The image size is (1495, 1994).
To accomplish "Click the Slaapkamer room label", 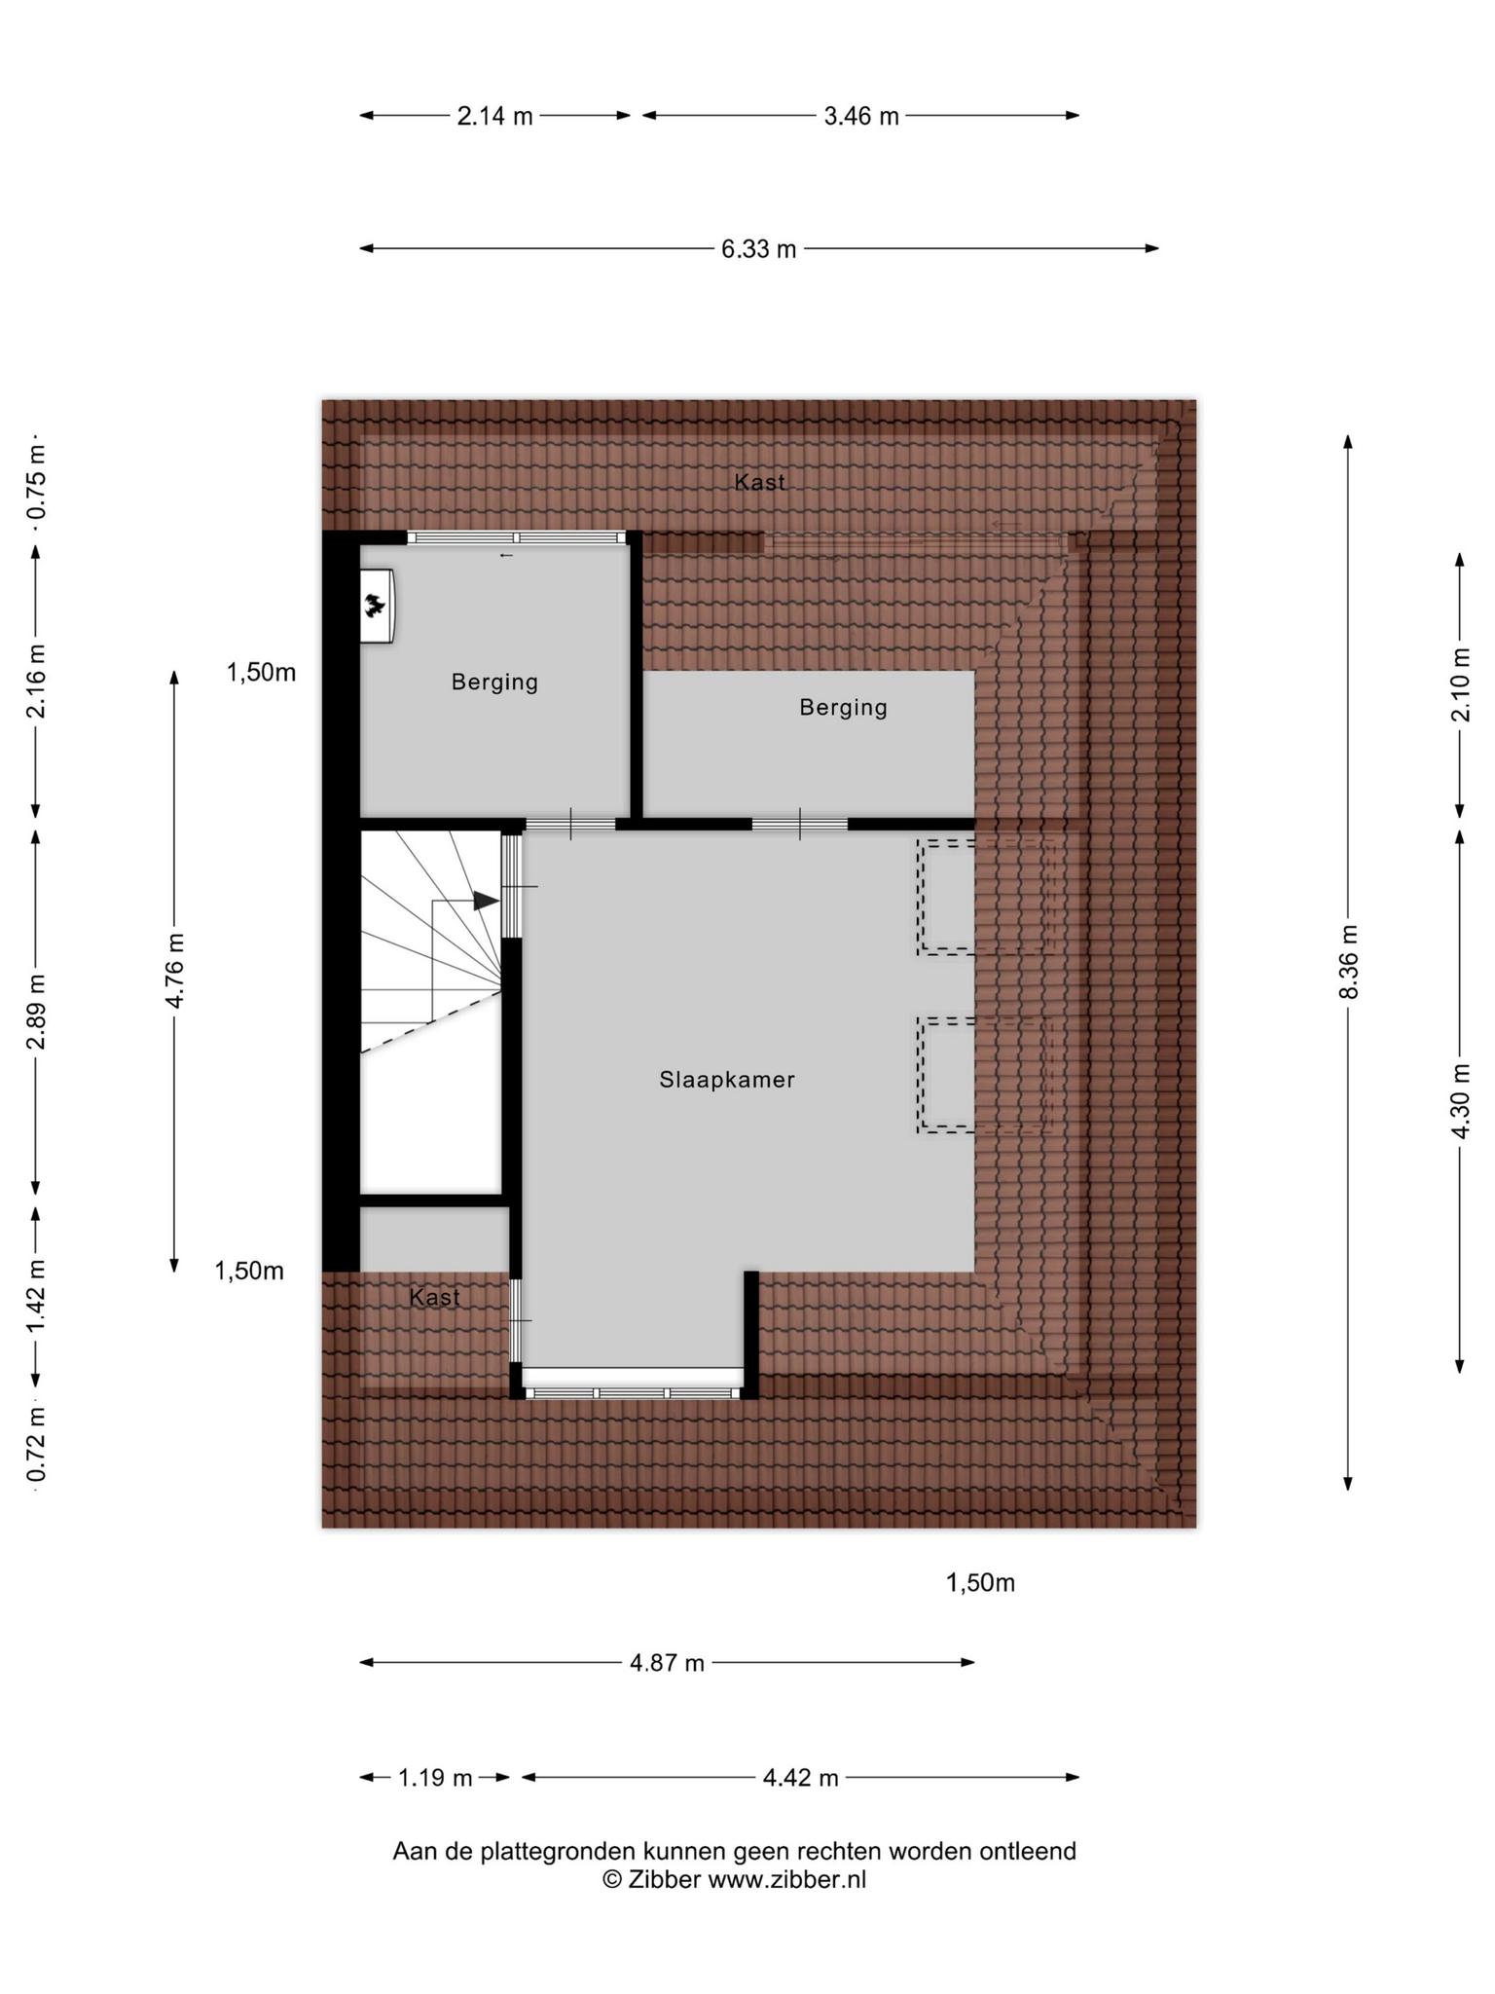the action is point(727,1079).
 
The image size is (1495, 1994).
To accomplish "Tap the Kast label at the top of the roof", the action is point(759,481).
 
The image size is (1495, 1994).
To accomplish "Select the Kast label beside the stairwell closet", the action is point(434,1297).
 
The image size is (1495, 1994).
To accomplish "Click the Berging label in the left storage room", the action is point(494,683).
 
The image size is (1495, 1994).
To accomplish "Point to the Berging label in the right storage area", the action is point(843,708).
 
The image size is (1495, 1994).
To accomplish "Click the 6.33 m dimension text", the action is point(758,249).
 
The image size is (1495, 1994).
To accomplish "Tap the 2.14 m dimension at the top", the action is point(495,117).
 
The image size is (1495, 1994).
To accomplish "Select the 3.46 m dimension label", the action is point(861,117).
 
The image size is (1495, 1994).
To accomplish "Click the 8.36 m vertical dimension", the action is point(1349,961).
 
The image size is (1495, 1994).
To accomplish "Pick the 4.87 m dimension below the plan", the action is point(667,1662).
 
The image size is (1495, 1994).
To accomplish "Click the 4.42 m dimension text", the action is point(800,1778).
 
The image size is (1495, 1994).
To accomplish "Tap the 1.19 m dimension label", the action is point(435,1778).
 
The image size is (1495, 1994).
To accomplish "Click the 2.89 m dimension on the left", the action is point(36,1013).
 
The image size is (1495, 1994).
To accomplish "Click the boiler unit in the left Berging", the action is point(378,606).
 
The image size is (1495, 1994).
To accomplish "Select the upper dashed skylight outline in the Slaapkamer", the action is point(985,897).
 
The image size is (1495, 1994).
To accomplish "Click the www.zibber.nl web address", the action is point(786,1879).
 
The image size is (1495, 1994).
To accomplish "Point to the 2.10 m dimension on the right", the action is point(1460,684).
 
